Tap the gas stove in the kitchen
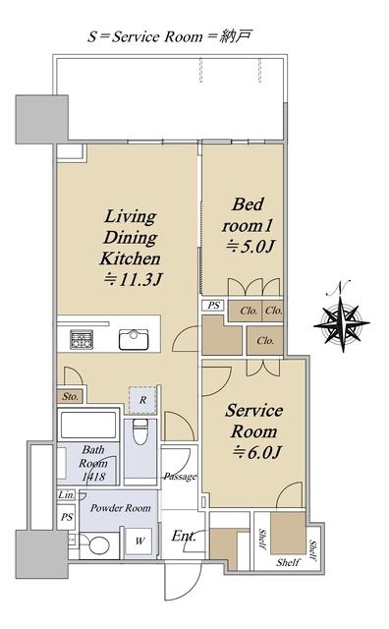(82, 339)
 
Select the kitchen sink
(134, 340)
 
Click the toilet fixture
(140, 431)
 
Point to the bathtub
(88, 425)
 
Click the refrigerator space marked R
(142, 400)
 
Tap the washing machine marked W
(139, 542)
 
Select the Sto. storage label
(70, 397)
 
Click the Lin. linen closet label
(66, 495)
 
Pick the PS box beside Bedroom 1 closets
(214, 306)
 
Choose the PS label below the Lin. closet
(67, 517)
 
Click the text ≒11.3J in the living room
(133, 279)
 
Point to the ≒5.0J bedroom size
(250, 247)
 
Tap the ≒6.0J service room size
(257, 452)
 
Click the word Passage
(180, 477)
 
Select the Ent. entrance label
(184, 536)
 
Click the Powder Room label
(120, 508)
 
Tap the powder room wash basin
(98, 545)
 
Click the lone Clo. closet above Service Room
(265, 341)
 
